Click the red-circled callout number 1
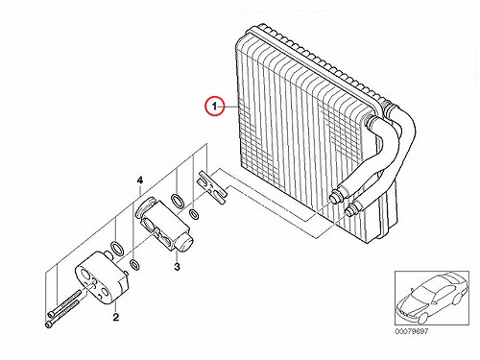click(214, 106)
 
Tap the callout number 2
click(115, 317)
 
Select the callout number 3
click(177, 266)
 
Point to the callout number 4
click(139, 180)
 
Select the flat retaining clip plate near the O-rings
click(211, 188)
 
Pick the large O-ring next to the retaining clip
click(178, 201)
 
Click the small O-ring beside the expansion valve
click(194, 214)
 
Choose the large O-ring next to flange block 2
click(117, 249)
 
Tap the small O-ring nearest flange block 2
click(134, 265)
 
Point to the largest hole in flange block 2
click(85, 276)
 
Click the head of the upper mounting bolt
click(52, 314)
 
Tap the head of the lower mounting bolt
click(49, 324)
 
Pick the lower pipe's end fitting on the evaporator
click(351, 210)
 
